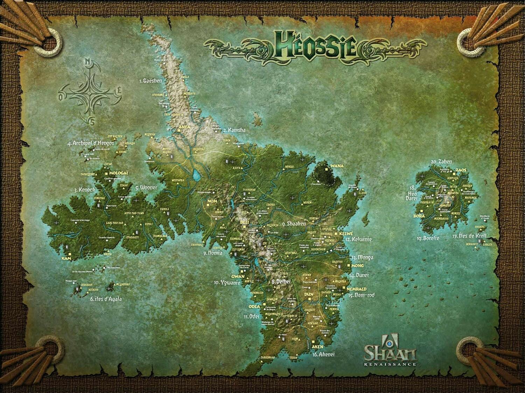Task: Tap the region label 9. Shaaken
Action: pos(294,224)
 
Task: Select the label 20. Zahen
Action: pos(441,162)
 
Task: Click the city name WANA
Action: pos(337,166)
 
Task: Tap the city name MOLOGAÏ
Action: pos(119,173)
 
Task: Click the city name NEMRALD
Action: pos(356,289)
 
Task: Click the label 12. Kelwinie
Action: pos(358,240)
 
